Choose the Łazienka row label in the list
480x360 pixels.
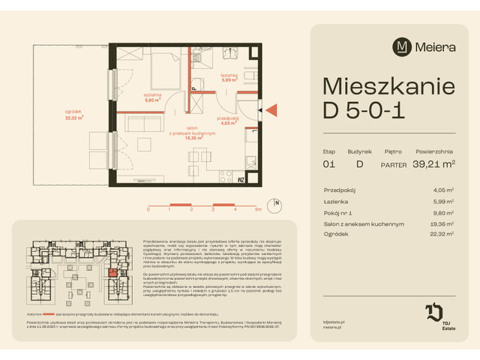pos(336,201)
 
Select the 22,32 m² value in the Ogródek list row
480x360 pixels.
pos(443,235)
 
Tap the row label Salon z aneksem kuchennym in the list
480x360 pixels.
pos(364,223)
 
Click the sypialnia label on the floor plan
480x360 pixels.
pos(153,96)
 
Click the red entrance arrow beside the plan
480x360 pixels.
pos(271,111)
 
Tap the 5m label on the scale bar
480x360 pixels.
pos(258,211)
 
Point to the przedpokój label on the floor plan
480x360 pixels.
pos(228,118)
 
